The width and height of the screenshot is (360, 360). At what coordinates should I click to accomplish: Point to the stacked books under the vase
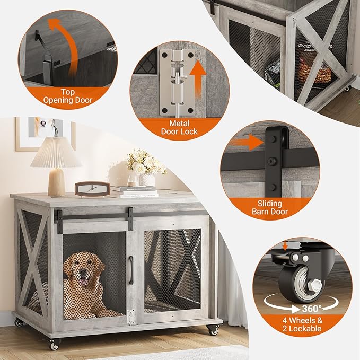coord(134,191)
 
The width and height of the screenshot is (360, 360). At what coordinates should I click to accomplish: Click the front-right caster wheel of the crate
coord(213,330)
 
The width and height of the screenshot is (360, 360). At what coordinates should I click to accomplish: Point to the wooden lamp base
coord(56,182)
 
